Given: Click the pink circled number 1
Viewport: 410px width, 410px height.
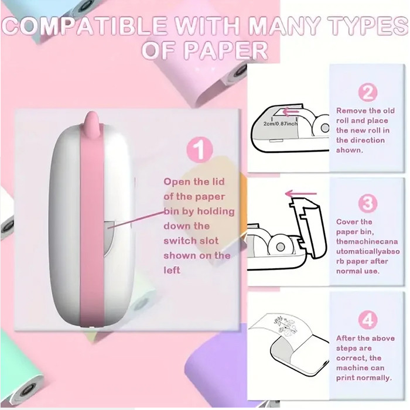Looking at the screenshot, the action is pyautogui.click(x=200, y=149).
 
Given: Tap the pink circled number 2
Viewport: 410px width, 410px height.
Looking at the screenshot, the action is pyautogui.click(x=368, y=93).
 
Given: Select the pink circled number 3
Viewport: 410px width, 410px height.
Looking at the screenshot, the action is pyautogui.click(x=368, y=203).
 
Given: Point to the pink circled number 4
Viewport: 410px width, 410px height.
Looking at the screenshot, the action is pyautogui.click(x=368, y=320).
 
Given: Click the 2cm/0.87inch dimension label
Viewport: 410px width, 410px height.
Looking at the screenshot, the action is pyautogui.click(x=281, y=124).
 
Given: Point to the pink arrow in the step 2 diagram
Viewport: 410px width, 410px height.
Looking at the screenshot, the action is pyautogui.click(x=291, y=112).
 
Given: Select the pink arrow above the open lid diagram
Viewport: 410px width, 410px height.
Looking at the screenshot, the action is pyautogui.click(x=300, y=194).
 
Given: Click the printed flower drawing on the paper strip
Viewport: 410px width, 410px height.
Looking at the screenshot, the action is pyautogui.click(x=285, y=326).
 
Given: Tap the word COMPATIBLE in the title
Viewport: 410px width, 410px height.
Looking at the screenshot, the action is pyautogui.click(x=84, y=26).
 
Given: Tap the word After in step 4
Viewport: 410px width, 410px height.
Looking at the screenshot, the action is pyautogui.click(x=345, y=338).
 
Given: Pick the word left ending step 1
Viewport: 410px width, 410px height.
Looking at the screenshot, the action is pyautogui.click(x=172, y=270).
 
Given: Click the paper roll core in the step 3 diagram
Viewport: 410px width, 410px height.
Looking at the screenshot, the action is pyautogui.click(x=280, y=247).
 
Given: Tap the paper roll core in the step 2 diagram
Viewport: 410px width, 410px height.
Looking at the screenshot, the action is pyautogui.click(x=324, y=128).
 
